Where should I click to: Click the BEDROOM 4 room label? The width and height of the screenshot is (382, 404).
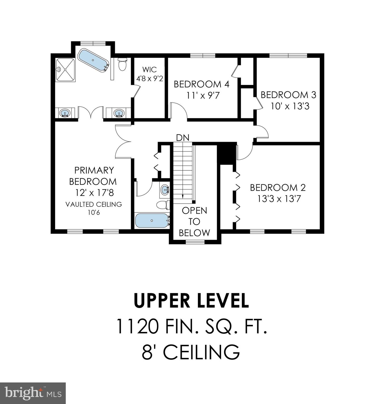(x=202, y=84)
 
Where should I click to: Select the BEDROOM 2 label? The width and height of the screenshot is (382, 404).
(x=278, y=188)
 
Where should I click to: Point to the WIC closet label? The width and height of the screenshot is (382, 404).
(x=149, y=69)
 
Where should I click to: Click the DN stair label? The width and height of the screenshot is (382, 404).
(x=183, y=138)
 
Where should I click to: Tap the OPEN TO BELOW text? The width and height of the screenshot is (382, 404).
(x=194, y=221)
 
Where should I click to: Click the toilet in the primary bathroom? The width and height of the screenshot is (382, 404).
(x=123, y=64)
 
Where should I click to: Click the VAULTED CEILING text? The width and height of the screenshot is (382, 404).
(x=94, y=204)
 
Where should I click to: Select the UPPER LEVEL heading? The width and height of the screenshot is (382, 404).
(x=191, y=301)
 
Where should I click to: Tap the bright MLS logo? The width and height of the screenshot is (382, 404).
(x=33, y=393)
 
